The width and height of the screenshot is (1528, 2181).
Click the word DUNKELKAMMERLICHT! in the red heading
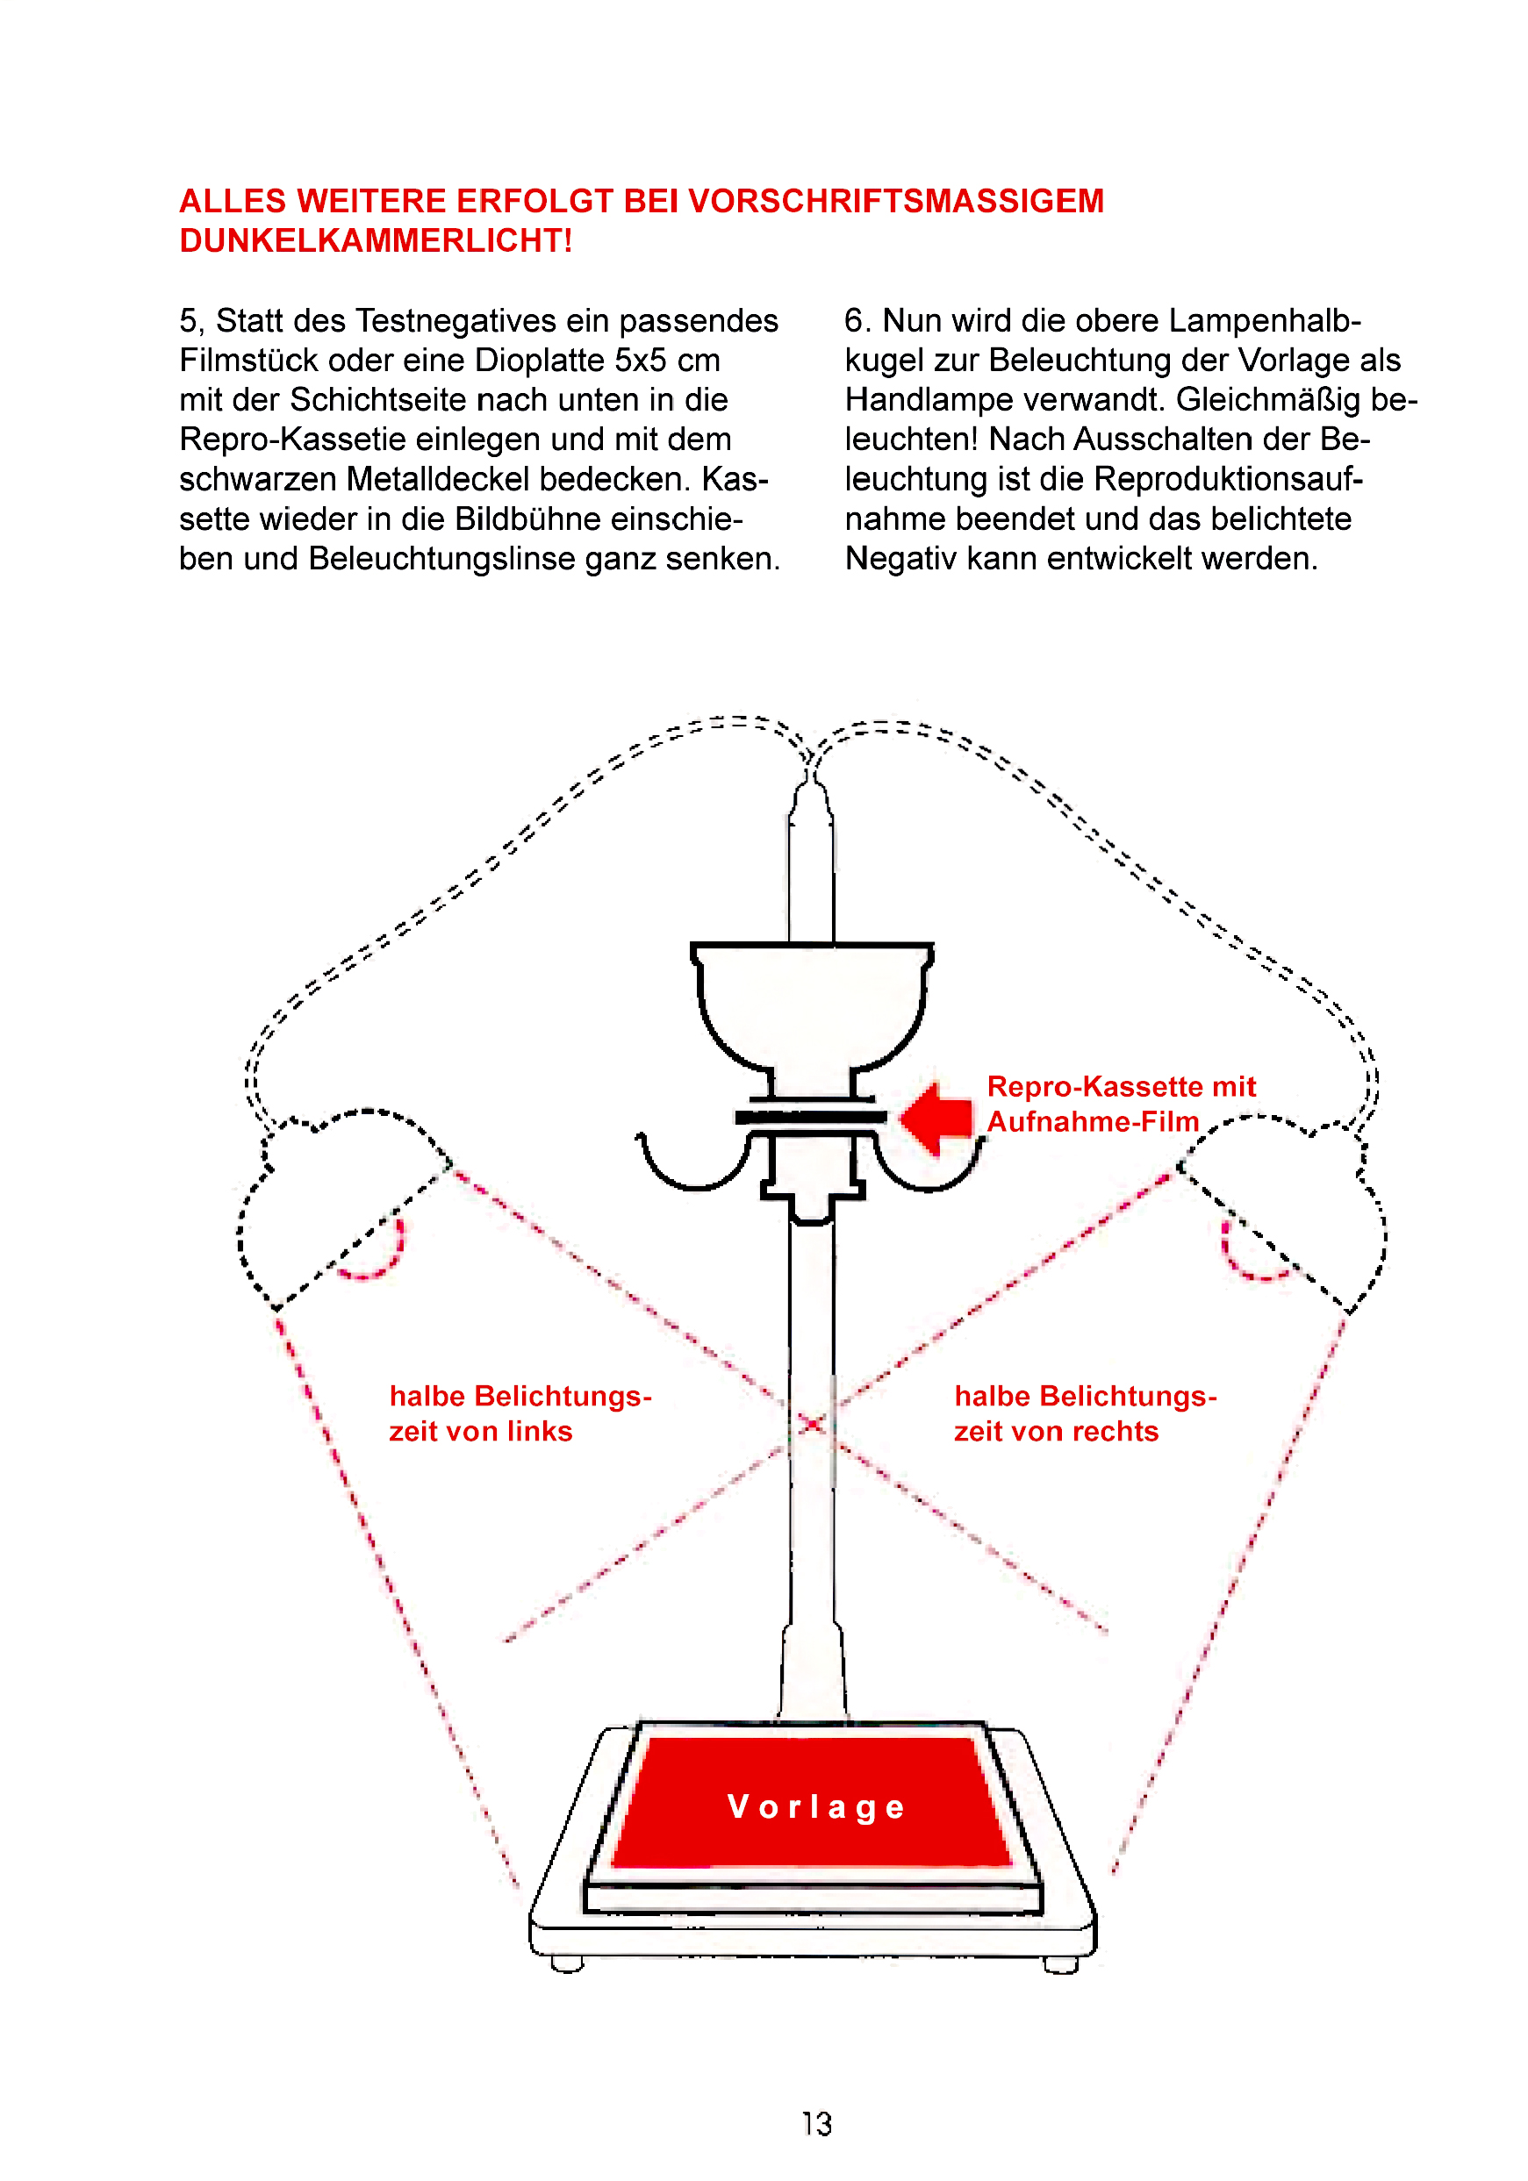[x=376, y=241]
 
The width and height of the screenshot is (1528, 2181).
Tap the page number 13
[x=816, y=2124]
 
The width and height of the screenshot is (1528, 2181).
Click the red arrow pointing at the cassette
[x=936, y=1118]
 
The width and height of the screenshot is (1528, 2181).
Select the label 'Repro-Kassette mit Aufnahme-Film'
[x=1122, y=1104]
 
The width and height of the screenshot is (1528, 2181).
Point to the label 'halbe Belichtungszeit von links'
[x=520, y=1413]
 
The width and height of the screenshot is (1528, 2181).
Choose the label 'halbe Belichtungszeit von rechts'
[x=1085, y=1413]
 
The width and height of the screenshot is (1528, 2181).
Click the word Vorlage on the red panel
[x=816, y=1806]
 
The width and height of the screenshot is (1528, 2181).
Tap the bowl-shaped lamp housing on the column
[x=813, y=1007]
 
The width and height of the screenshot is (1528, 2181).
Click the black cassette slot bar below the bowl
[x=811, y=1118]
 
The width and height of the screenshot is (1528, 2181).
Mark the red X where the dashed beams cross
[x=813, y=1423]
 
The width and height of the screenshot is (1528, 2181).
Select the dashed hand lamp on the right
[x=1283, y=1212]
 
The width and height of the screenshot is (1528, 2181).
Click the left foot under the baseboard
[x=567, y=1964]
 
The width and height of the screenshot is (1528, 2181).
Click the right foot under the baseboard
[x=1060, y=1964]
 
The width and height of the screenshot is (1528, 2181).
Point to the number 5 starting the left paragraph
[x=189, y=321]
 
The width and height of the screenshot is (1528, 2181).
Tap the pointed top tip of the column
[x=811, y=781]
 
